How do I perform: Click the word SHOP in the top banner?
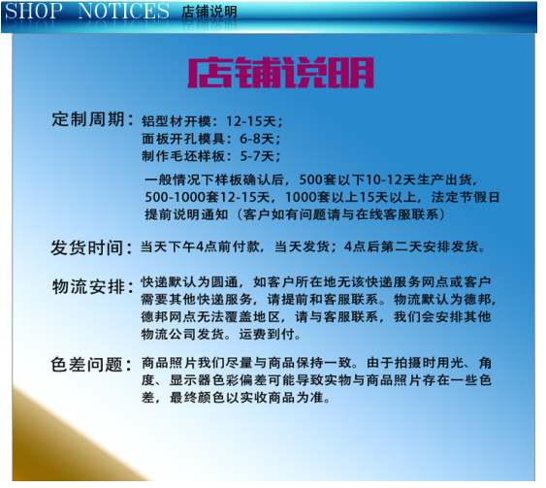(33, 11)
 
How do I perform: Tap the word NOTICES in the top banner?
(123, 11)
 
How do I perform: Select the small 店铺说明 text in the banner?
(209, 12)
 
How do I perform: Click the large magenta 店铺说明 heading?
(280, 73)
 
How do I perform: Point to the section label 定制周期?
(88, 119)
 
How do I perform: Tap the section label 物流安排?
(88, 287)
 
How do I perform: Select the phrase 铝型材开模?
(177, 121)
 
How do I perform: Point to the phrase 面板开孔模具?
(183, 139)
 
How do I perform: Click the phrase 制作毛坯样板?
(183, 156)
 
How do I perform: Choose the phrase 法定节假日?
(466, 197)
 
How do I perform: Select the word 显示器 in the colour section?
(190, 380)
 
